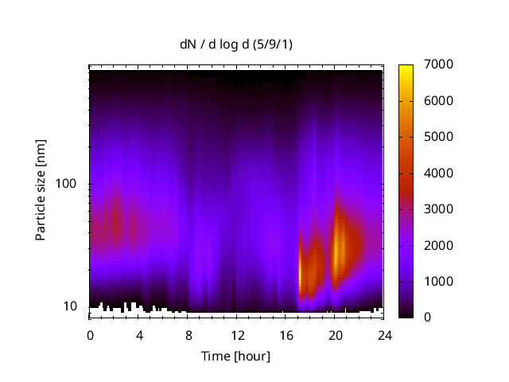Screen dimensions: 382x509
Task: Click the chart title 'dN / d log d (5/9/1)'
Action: (236, 44)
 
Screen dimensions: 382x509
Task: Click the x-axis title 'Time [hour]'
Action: (235, 356)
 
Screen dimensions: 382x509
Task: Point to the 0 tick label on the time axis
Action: (90, 335)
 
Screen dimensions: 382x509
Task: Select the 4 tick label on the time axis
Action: (138, 335)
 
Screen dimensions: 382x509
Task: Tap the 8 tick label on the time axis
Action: (188, 335)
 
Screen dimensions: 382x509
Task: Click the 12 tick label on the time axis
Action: (236, 335)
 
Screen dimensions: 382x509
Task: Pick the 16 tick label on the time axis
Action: (286, 335)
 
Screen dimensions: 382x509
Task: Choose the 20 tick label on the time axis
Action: (334, 335)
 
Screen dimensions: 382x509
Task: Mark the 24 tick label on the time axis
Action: (383, 335)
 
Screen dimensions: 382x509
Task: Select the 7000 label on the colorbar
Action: (439, 64)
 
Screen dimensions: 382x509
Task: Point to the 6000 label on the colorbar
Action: (439, 101)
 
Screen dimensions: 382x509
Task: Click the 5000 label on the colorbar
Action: (439, 137)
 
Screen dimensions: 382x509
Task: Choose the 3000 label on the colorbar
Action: (439, 209)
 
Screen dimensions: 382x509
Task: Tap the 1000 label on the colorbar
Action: (439, 282)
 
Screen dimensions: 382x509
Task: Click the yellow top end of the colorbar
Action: (406, 67)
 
